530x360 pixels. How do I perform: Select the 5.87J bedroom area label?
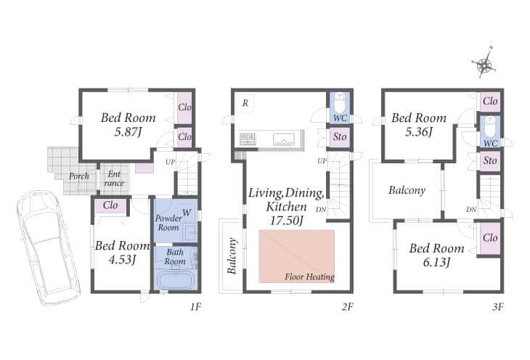tap(128, 131)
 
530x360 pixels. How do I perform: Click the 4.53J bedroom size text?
tap(122, 259)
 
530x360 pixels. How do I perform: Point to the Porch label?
tap(78, 176)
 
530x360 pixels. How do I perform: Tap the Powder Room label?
tap(168, 222)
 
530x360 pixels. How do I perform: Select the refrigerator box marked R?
tap(245, 103)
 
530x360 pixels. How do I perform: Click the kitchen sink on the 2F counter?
tap(283, 139)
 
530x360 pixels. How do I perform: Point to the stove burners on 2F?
tap(248, 139)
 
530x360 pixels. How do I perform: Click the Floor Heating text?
tap(309, 277)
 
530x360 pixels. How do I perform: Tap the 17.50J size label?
tap(286, 221)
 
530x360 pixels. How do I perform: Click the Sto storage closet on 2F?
tap(339, 136)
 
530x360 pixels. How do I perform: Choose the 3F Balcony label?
tap(407, 190)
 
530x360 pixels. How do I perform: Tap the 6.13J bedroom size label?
tap(436, 262)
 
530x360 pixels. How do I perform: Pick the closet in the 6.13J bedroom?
tap(490, 238)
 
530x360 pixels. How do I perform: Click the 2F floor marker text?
tap(348, 306)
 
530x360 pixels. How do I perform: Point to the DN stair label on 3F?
tap(471, 210)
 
